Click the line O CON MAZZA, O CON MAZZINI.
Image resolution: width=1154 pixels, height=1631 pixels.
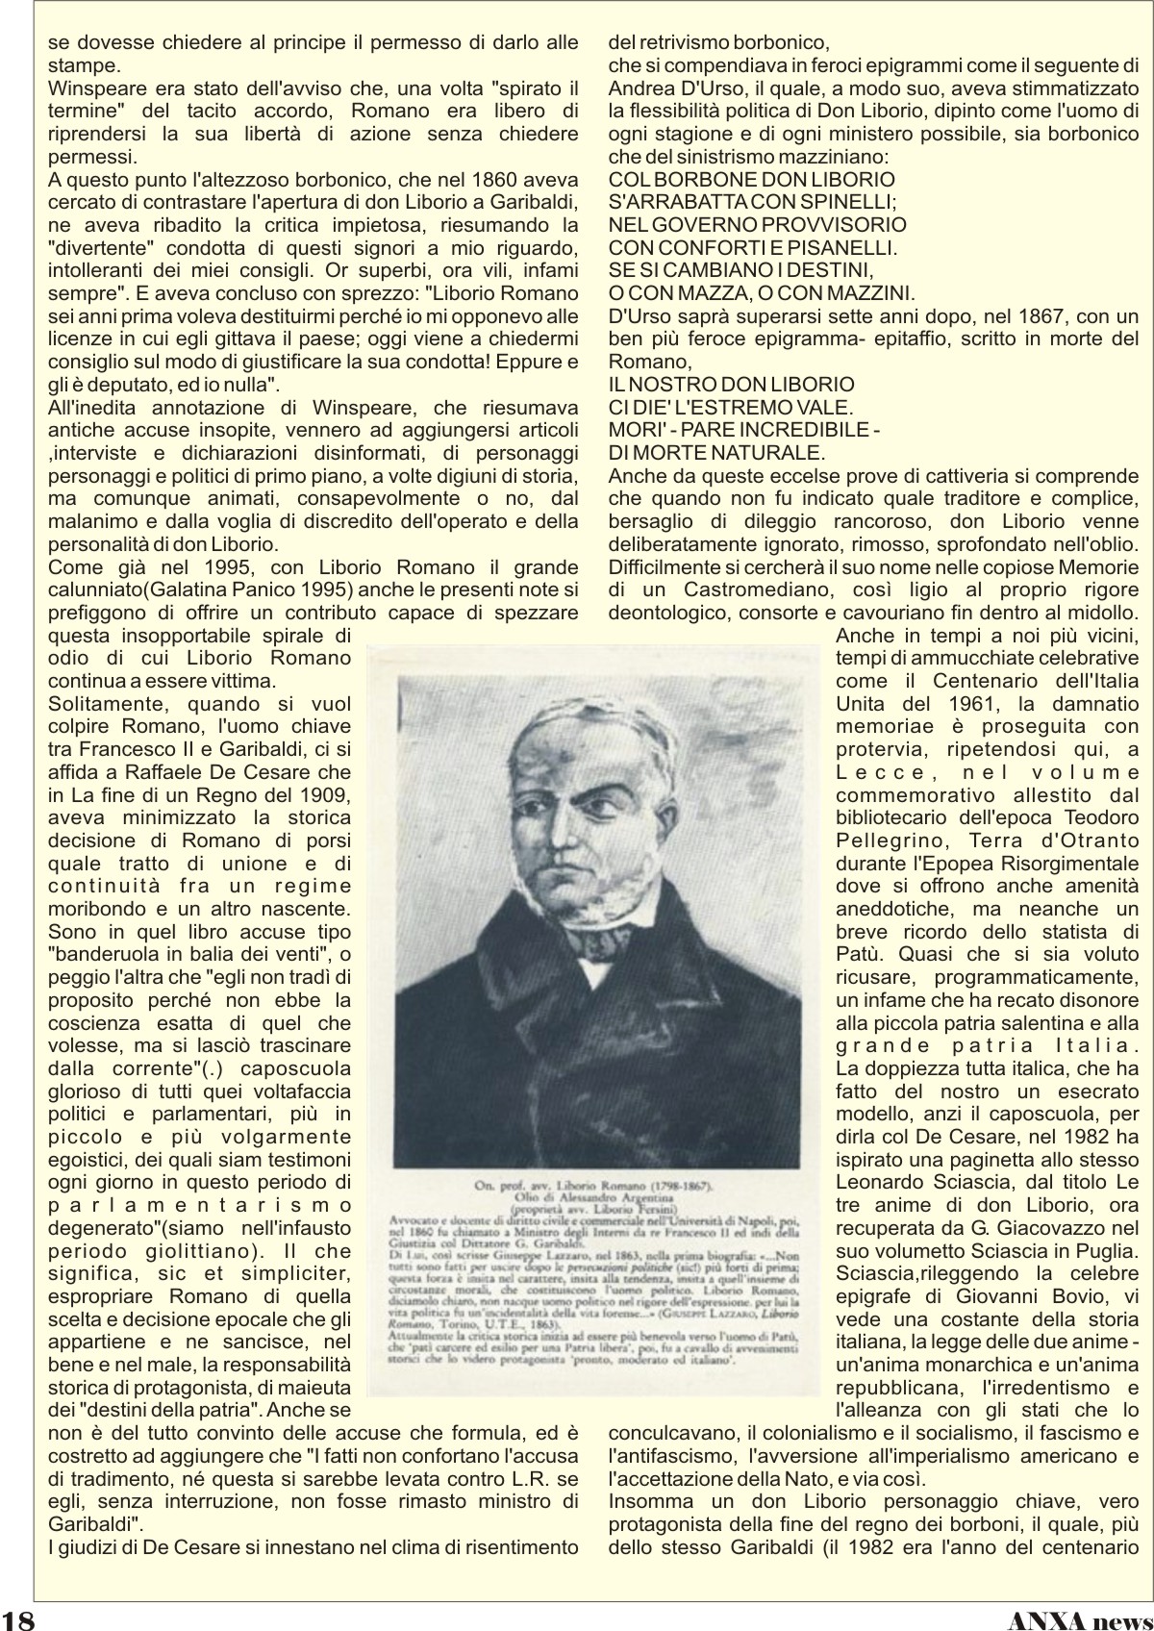click(762, 292)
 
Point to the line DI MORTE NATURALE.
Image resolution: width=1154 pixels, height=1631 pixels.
click(716, 452)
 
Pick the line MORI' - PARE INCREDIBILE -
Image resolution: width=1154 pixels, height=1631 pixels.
click(744, 429)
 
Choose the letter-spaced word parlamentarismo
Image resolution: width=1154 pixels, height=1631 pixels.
click(200, 1205)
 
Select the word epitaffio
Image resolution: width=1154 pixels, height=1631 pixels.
click(917, 339)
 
